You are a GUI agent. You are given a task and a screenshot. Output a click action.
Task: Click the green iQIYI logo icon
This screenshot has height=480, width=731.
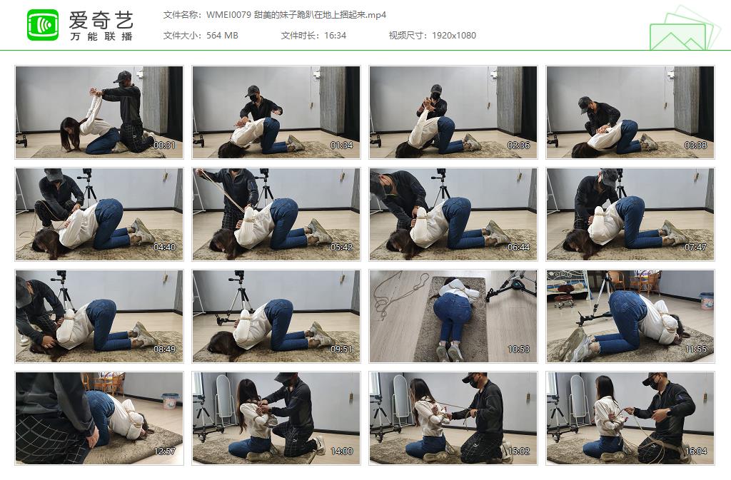pos(43,25)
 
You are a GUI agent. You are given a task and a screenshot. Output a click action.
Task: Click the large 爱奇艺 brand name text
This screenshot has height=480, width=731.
pos(101,20)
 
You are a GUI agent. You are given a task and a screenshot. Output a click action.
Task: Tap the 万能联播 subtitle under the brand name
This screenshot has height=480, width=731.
pos(101,36)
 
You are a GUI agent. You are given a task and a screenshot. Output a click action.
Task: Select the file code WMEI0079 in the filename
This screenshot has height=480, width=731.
pos(228,15)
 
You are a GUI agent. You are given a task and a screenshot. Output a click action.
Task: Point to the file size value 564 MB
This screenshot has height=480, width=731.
pos(222,36)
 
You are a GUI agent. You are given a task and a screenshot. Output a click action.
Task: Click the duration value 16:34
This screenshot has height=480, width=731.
pos(336,36)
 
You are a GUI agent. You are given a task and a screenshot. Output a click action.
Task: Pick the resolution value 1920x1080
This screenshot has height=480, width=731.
pos(453,36)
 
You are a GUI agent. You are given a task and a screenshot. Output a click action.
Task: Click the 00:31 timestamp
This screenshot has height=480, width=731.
pos(165,145)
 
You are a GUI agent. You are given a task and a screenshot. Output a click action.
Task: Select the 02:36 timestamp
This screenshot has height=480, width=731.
pos(518,145)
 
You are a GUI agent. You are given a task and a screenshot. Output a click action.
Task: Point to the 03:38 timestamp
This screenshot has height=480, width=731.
pos(695,145)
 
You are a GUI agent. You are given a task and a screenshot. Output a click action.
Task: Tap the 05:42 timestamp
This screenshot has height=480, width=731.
pos(341,247)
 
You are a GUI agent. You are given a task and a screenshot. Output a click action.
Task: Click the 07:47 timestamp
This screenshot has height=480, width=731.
pos(695,247)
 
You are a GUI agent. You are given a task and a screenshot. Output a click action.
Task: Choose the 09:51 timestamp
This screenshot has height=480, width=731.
pos(341,349)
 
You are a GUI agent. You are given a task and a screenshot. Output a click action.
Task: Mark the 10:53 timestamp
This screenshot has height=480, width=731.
pos(518,349)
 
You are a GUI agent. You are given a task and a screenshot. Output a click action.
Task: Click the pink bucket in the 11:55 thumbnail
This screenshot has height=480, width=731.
pos(706,301)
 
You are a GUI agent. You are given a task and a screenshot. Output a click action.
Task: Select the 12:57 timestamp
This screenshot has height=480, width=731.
pos(165,451)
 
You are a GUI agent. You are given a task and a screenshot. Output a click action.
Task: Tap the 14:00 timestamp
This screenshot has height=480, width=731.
pos(341,451)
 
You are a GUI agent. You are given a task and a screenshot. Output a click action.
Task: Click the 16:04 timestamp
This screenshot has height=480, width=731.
pos(695,451)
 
